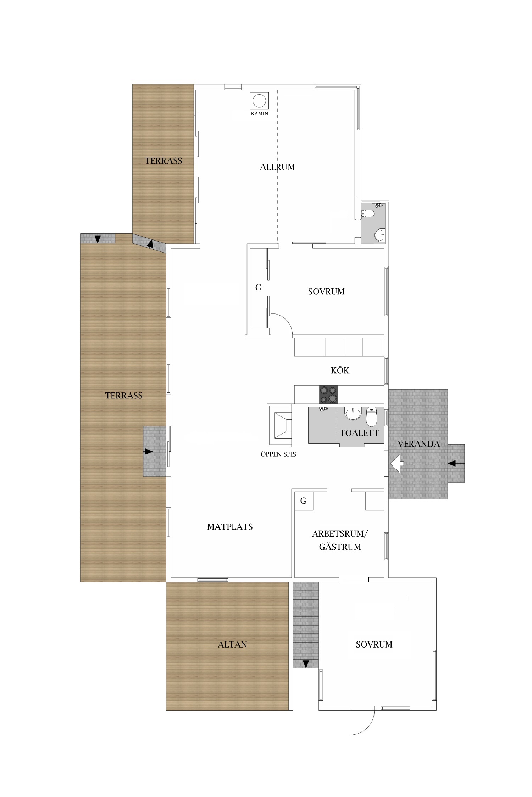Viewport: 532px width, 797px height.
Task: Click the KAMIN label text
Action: coord(260,114)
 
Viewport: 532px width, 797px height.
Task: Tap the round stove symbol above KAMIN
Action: coord(259,101)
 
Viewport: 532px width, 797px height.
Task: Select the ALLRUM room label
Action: coord(277,167)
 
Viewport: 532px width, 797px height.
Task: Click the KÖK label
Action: coord(340,370)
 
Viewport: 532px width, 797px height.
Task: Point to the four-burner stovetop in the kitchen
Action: coord(329,395)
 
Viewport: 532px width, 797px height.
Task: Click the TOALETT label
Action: coord(359,433)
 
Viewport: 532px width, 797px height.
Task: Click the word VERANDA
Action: coord(419,444)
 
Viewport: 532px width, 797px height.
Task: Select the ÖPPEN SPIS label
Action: coord(278,454)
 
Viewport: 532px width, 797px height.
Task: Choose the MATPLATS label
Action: coord(230,527)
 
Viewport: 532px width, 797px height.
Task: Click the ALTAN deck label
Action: coord(232,644)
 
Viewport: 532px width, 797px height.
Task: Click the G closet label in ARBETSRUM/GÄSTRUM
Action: coord(303,501)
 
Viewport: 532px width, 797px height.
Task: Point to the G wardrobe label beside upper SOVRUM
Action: coord(258,288)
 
